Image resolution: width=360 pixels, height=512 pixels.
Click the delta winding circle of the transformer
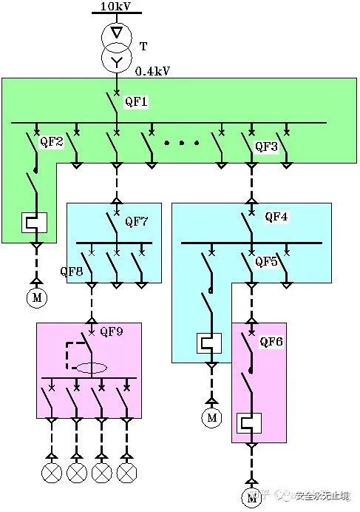117,34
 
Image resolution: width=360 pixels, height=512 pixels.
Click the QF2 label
52,141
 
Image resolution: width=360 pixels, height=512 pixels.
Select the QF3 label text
266,146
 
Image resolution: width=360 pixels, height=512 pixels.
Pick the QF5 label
268,261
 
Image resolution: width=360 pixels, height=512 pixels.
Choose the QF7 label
137,220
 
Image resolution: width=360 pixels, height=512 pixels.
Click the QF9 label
112,331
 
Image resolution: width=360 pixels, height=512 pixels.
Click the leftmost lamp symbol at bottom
51,472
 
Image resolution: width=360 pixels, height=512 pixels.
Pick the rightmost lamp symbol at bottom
127,472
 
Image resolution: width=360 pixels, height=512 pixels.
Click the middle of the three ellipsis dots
180,141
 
